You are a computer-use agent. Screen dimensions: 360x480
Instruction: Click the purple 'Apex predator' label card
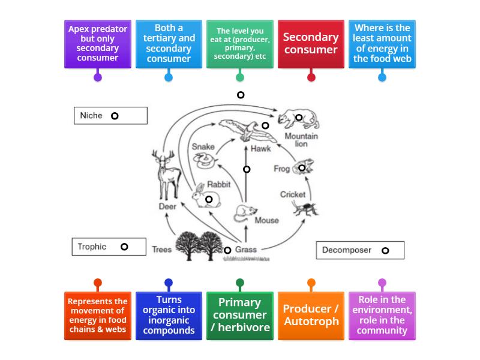(x=98, y=43)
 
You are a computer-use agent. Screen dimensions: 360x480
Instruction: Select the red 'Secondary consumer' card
(x=311, y=43)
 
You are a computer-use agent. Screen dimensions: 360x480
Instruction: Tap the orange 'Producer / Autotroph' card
(x=311, y=316)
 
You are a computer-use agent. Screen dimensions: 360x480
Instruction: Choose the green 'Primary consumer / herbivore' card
(x=239, y=316)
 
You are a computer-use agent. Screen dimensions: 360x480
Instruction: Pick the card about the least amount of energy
(x=382, y=43)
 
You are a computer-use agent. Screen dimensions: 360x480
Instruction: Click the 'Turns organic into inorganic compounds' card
(x=169, y=316)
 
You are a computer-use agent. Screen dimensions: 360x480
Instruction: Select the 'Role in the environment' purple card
(x=382, y=316)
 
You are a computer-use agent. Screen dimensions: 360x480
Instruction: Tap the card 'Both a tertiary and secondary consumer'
(x=169, y=43)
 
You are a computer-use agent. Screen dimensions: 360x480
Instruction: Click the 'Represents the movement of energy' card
(x=98, y=316)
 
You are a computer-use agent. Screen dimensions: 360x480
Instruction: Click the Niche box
(x=110, y=116)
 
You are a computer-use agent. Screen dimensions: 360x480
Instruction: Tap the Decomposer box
(x=360, y=250)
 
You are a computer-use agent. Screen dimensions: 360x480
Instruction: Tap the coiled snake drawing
(x=203, y=159)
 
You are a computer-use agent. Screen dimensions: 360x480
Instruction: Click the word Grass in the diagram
(x=246, y=250)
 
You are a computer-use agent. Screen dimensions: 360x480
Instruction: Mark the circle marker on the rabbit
(x=209, y=199)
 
